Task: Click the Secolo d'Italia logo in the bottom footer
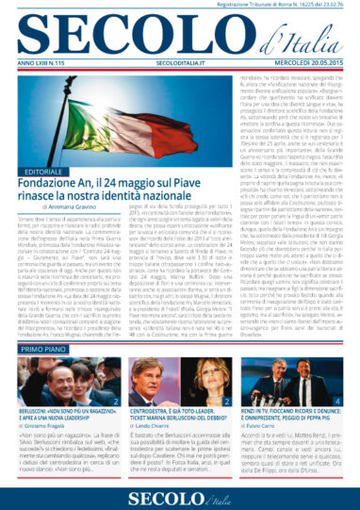click(x=179, y=496)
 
